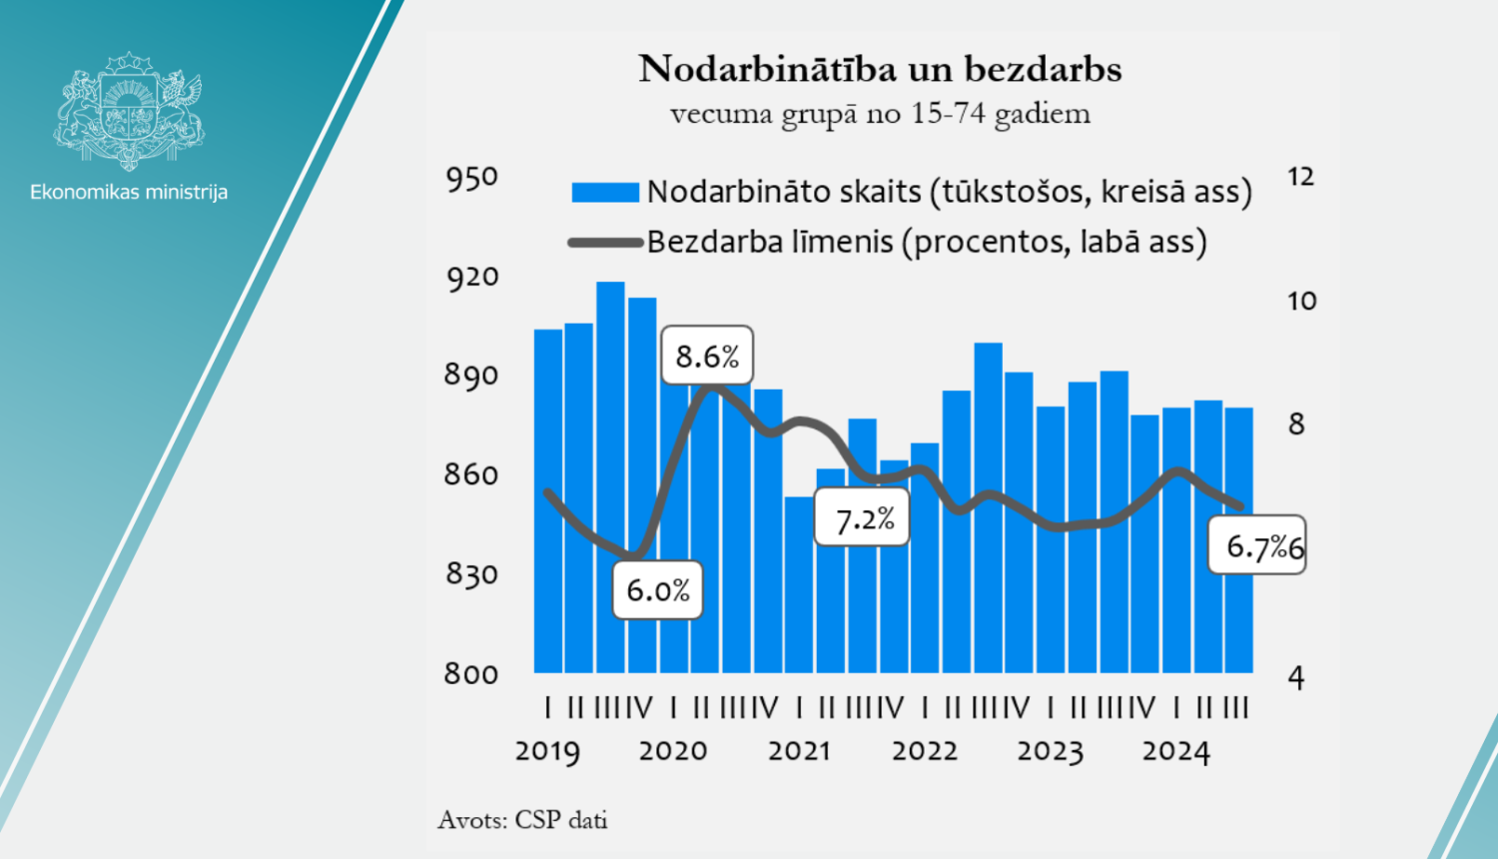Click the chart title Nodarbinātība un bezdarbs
tap(880, 69)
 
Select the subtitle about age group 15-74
tap(880, 114)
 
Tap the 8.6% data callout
tap(707, 357)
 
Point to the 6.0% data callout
tap(658, 590)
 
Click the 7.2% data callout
tap(863, 518)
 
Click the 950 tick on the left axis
tap(471, 179)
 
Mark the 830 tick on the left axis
tap(471, 574)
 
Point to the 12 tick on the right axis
tap(1300, 177)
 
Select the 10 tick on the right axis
tap(1301, 301)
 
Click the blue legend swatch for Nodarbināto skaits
tap(605, 192)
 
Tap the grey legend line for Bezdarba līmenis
tap(605, 242)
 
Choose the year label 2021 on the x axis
tap(799, 751)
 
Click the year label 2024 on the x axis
tap(1175, 751)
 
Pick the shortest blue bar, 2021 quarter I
tap(799, 584)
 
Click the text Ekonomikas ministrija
tap(129, 192)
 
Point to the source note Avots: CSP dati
tap(522, 820)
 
